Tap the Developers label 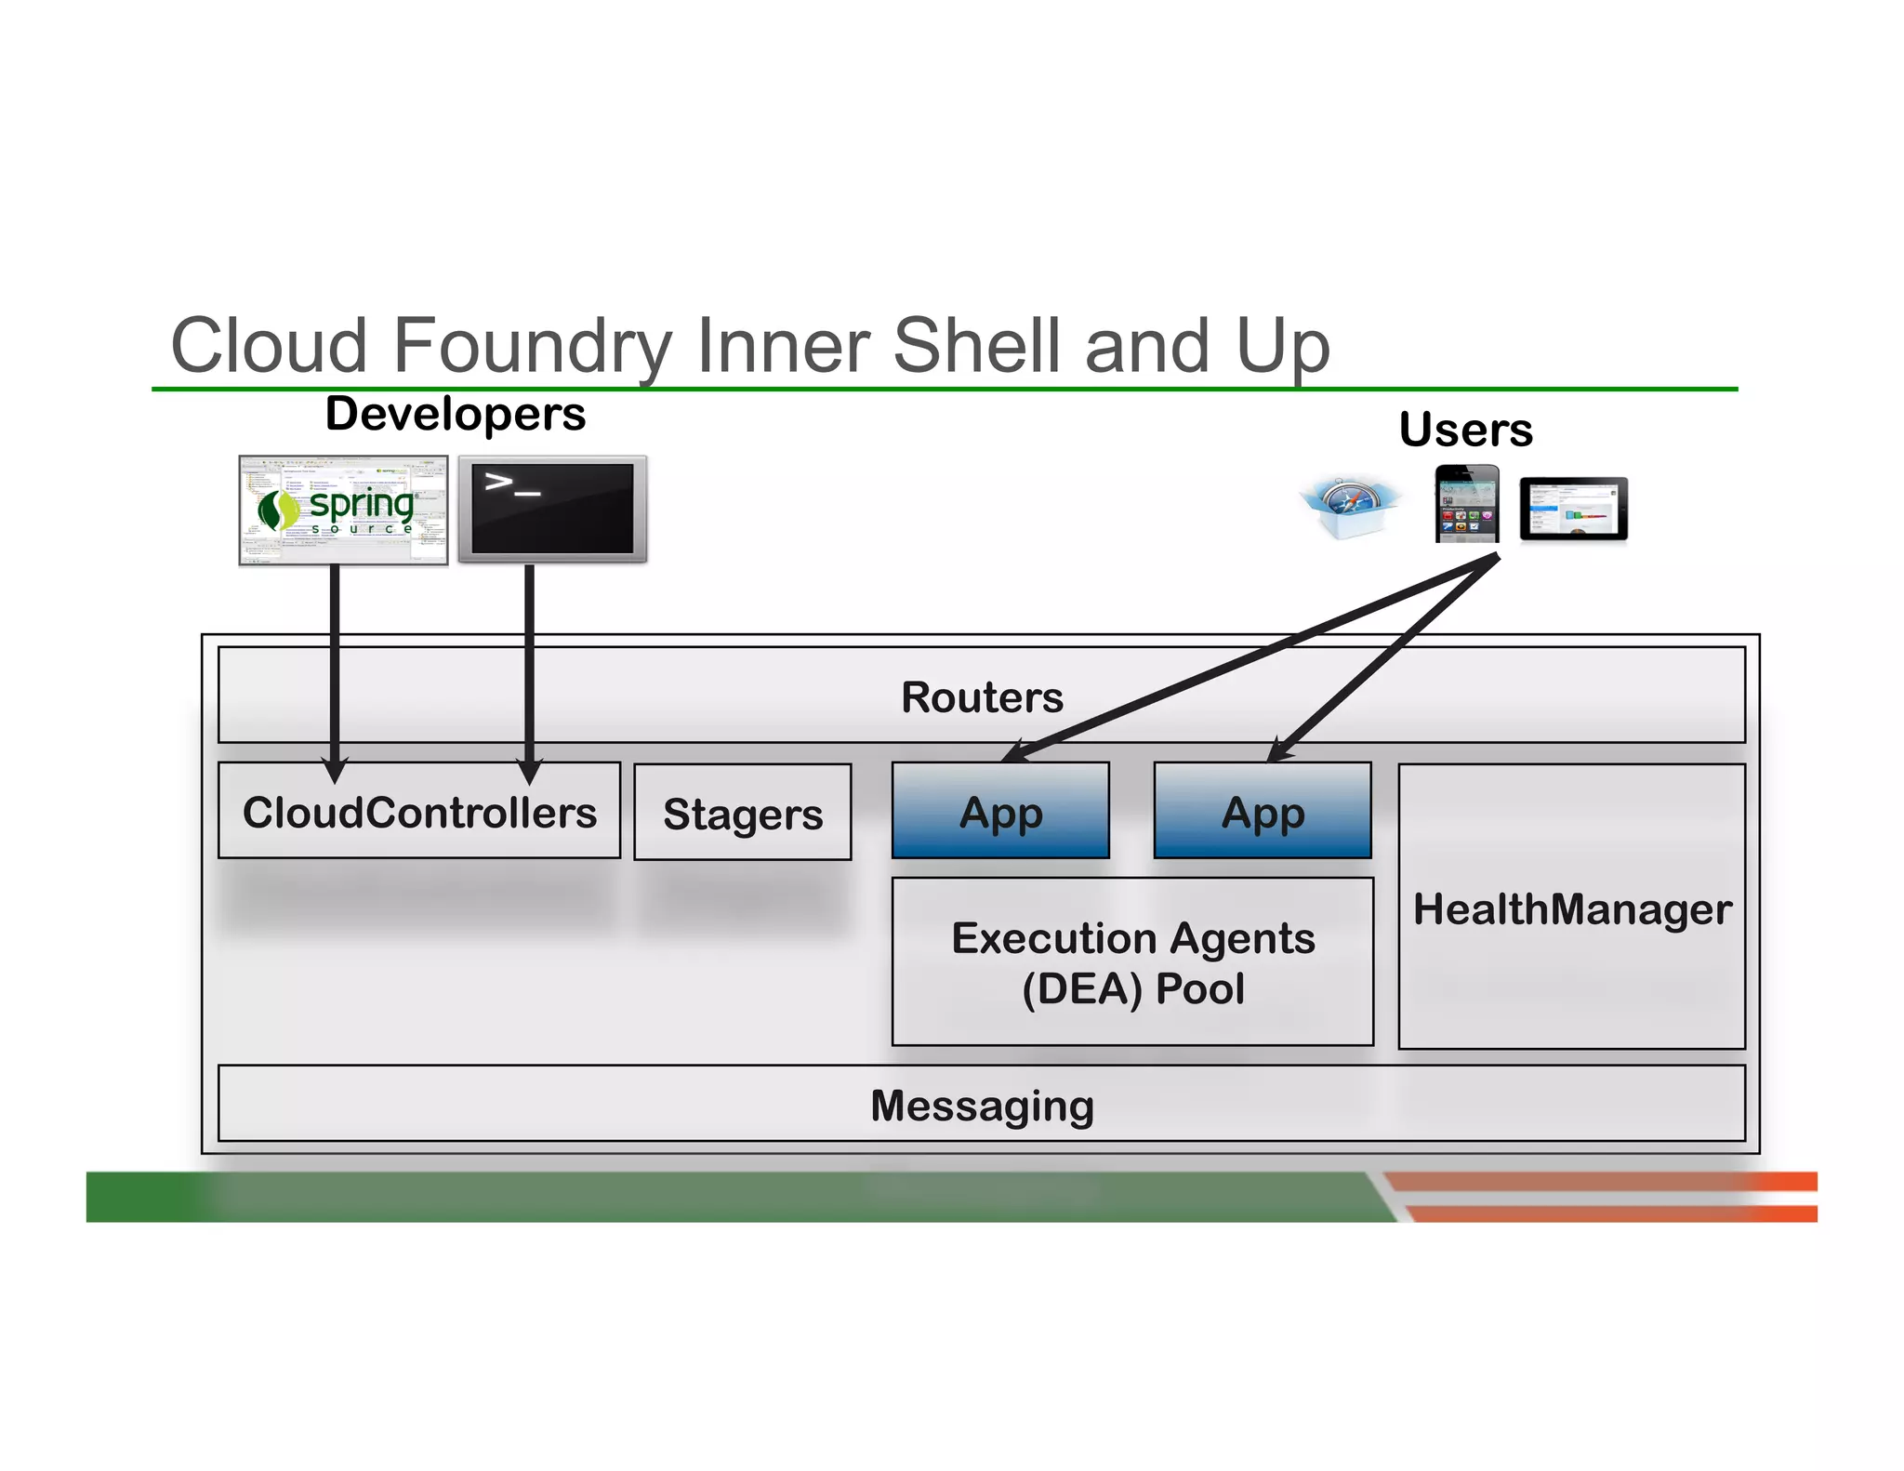point(455,414)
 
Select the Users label point(1465,430)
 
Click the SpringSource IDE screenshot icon point(343,510)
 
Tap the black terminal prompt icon point(552,509)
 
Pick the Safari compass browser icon point(1349,507)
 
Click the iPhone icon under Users point(1466,504)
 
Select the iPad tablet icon point(1573,509)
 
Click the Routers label point(982,697)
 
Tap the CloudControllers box point(419,812)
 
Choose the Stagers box point(742,814)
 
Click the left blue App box point(1000,812)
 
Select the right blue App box point(1262,812)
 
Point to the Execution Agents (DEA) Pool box point(1132,962)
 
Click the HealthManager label point(1571,908)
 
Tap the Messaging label point(982,1106)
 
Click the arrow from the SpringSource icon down point(335,660)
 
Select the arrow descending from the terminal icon point(529,660)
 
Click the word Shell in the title point(979,346)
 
